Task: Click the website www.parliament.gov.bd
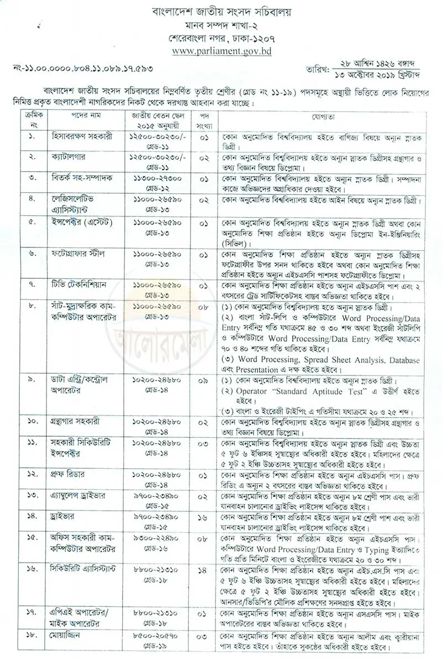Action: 221,51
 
